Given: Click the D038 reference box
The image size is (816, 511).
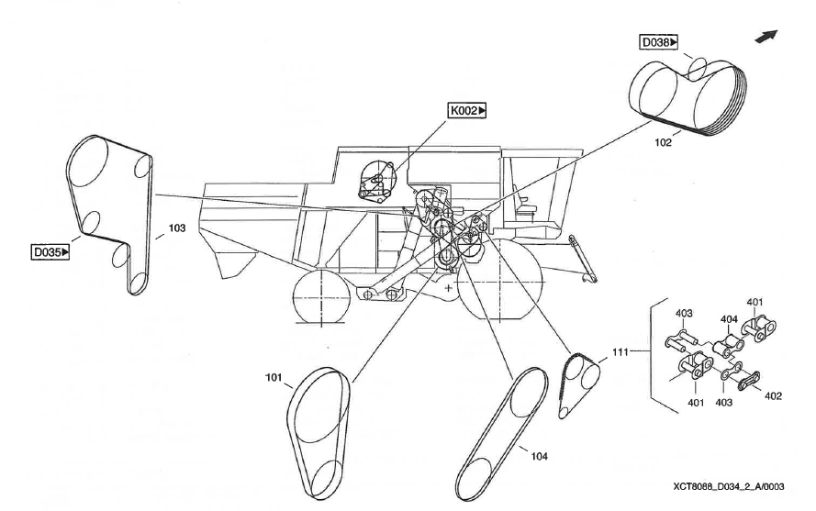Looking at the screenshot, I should [660, 41].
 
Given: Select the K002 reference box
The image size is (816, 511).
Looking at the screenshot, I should [467, 111].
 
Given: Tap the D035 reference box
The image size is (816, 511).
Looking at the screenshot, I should [51, 249].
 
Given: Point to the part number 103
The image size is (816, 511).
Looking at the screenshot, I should [176, 229].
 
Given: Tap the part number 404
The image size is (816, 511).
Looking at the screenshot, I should [730, 319].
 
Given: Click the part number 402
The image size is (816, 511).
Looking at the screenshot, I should [772, 396].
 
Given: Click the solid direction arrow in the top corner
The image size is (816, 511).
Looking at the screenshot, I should [766, 36].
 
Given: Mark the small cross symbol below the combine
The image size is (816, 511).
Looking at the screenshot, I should [448, 288].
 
